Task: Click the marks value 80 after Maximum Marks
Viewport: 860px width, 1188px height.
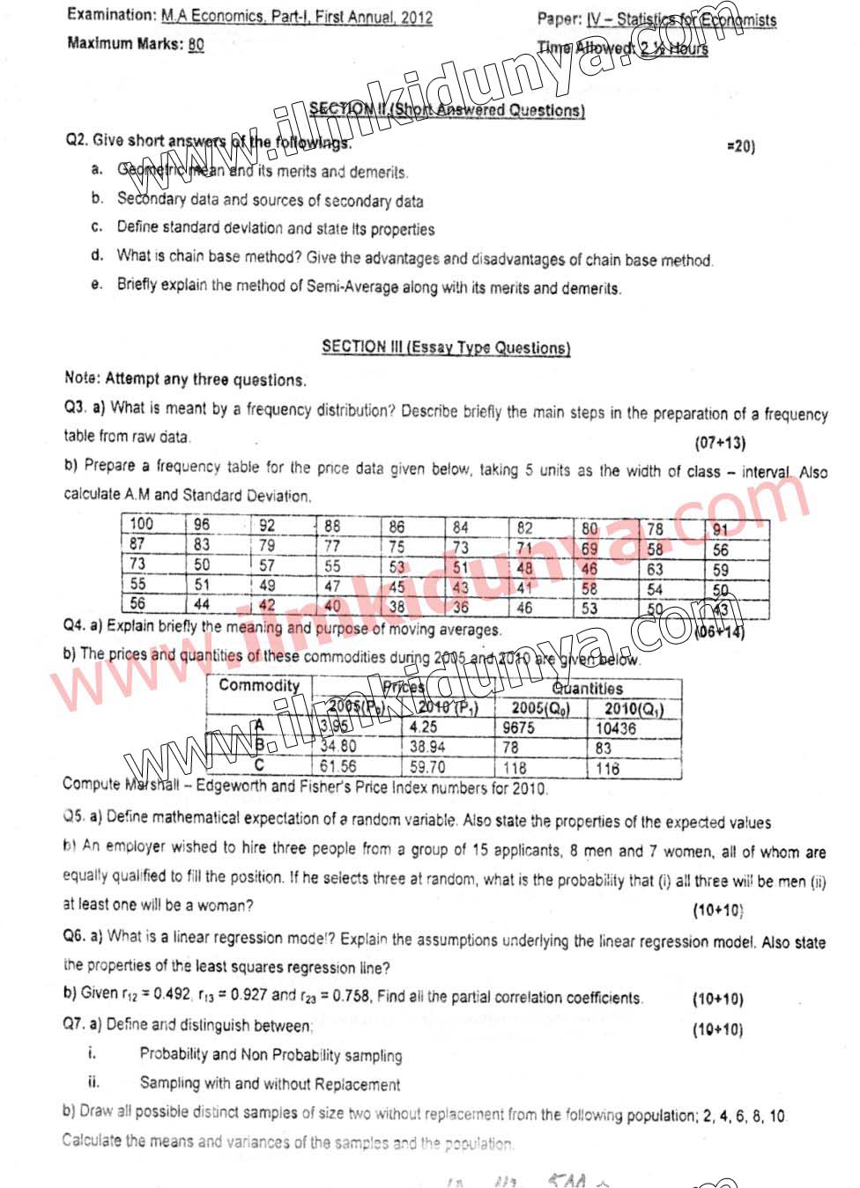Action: [x=196, y=45]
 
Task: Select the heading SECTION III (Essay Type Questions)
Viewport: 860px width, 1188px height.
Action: [x=446, y=347]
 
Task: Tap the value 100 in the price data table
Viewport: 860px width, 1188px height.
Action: [x=141, y=523]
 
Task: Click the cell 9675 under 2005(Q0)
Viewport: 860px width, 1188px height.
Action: [x=518, y=727]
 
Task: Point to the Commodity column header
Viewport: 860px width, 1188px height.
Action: [x=259, y=685]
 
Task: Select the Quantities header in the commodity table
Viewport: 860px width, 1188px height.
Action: [x=587, y=688]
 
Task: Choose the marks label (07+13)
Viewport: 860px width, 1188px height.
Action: [x=720, y=443]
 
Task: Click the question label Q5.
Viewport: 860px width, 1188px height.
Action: [x=73, y=816]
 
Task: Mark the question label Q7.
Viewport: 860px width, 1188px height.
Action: [x=73, y=1024]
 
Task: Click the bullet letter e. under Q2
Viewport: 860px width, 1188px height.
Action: [x=97, y=284]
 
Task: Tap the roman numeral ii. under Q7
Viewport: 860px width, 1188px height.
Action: [x=93, y=1082]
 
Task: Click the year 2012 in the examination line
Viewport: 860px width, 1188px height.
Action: [x=416, y=17]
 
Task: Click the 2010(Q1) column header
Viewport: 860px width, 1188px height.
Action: [x=634, y=708]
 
